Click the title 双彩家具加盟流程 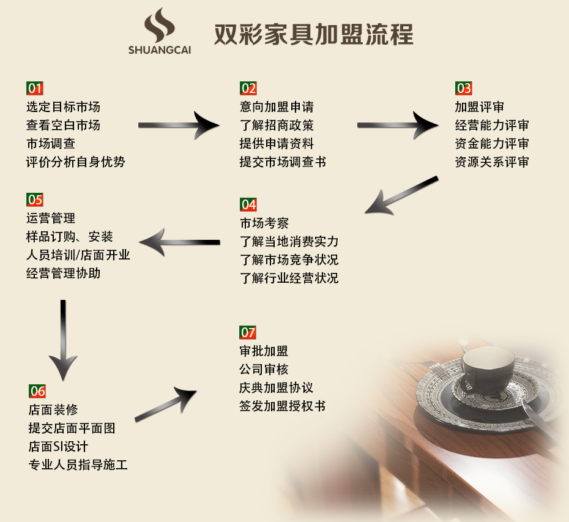(x=313, y=34)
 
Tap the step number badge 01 (x=35, y=89)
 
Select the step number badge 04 (x=248, y=204)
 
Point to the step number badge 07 (x=248, y=333)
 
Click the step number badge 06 (x=37, y=391)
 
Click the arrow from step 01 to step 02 (x=178, y=125)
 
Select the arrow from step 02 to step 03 (x=397, y=125)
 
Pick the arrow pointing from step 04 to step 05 (x=184, y=242)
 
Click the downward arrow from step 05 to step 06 (x=63, y=339)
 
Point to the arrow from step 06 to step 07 (x=166, y=405)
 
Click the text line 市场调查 (x=51, y=144)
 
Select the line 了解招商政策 (x=277, y=125)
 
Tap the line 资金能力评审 (x=492, y=144)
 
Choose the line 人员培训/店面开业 (x=78, y=255)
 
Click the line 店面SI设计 (x=58, y=446)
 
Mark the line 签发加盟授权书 (x=282, y=406)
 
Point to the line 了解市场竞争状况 (x=289, y=259)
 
